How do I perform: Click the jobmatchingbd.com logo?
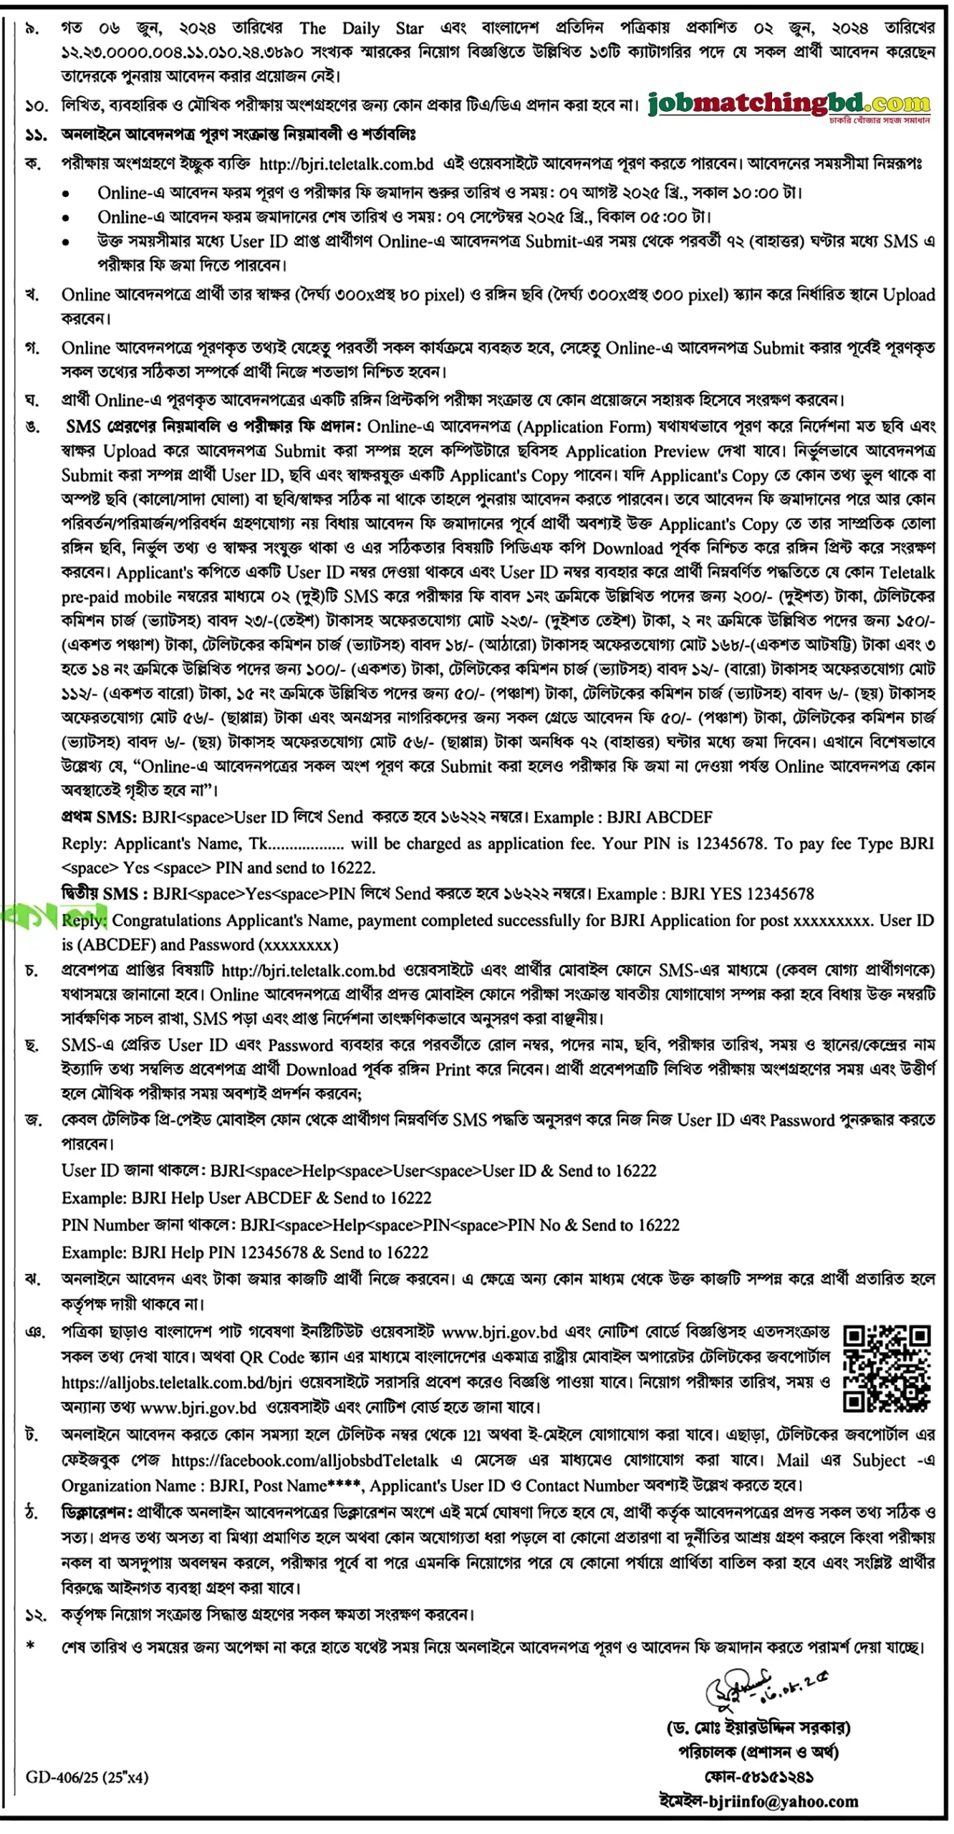(x=789, y=106)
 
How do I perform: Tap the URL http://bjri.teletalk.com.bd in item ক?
(x=346, y=164)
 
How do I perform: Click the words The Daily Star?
(x=361, y=29)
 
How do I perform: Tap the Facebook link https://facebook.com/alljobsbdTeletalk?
(x=304, y=1460)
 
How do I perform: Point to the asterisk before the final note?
(x=30, y=1646)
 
